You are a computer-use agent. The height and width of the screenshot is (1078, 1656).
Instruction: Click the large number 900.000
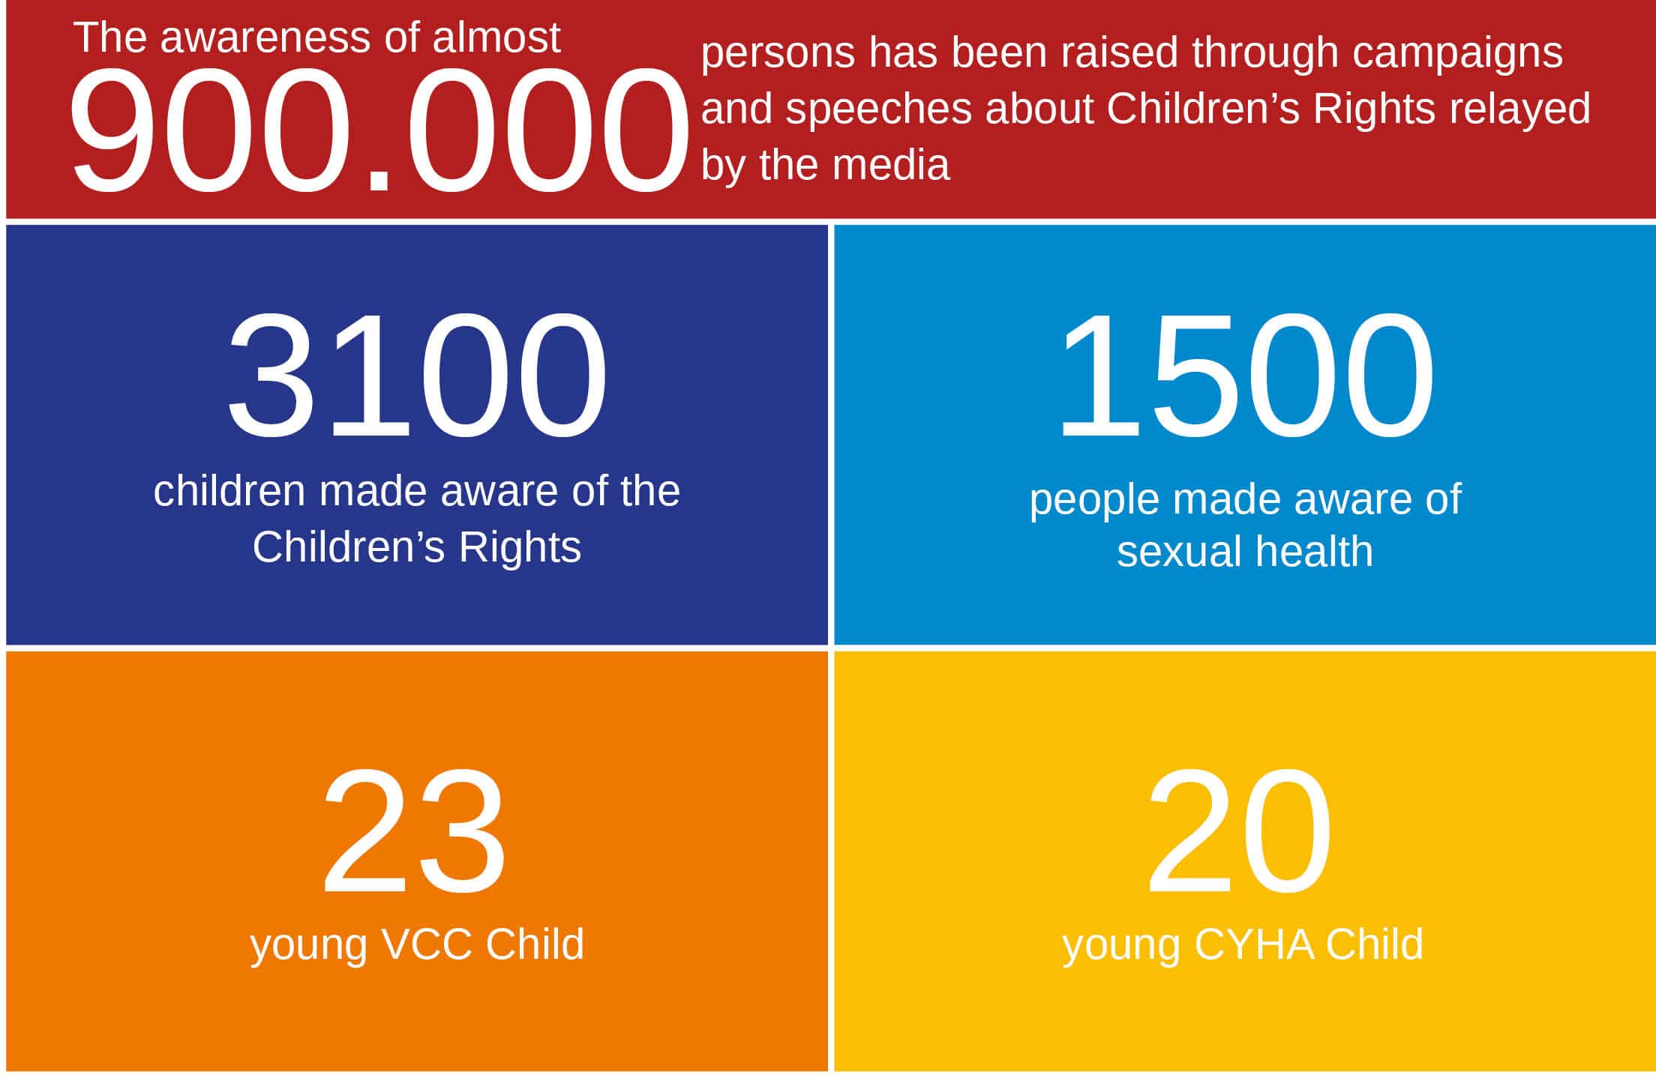(x=379, y=129)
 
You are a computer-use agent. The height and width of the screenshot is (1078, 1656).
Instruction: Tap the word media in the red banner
(x=892, y=164)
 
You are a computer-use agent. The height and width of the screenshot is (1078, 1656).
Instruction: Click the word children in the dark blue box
(x=229, y=491)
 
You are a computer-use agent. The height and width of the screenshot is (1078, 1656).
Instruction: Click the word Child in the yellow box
(x=1375, y=944)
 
